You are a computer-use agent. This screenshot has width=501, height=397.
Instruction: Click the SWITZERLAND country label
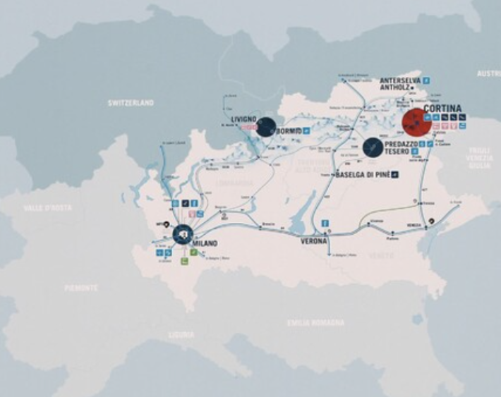point(131,103)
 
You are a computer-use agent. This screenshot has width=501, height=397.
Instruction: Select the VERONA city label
point(314,241)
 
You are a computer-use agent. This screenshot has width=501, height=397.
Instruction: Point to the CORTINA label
point(442,109)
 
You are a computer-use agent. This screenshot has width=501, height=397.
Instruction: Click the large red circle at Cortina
point(416,122)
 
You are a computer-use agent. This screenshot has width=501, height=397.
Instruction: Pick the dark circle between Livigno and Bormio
point(266,127)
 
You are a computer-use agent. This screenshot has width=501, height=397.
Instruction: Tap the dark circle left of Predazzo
point(373,147)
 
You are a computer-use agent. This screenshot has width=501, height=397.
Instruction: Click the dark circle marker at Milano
point(183,234)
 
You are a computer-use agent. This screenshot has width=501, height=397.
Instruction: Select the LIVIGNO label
point(243,119)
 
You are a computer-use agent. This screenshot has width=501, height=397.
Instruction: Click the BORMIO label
point(289,131)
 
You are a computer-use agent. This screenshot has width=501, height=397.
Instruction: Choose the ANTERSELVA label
point(400,80)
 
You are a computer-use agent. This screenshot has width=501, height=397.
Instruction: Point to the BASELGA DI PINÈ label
point(362,174)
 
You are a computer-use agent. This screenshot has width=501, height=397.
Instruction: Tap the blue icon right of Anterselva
point(426,80)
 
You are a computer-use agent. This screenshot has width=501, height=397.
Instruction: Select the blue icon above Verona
point(325,224)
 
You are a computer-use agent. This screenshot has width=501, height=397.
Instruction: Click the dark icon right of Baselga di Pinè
point(395,174)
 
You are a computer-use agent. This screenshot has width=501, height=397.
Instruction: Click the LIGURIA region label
point(181,335)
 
